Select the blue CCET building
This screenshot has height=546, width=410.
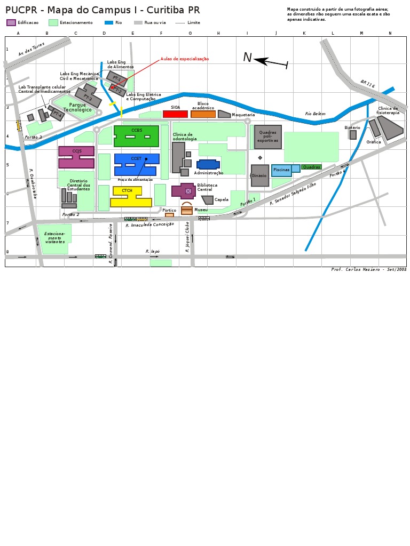(137, 160)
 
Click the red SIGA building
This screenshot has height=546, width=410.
(175, 114)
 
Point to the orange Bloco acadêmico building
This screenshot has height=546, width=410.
(203, 114)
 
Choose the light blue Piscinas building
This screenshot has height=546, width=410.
(281, 170)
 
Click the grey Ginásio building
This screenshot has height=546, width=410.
(260, 175)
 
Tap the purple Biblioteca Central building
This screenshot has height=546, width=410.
(184, 190)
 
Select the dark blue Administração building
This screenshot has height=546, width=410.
(208, 164)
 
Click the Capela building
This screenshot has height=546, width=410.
(208, 200)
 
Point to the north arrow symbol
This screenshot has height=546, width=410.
(270, 62)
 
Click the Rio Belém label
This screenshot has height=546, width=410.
(315, 114)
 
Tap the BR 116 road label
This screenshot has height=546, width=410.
(367, 84)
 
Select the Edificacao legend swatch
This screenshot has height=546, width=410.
(11, 22)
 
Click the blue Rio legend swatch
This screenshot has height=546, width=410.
(109, 22)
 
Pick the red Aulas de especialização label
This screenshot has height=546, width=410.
(185, 59)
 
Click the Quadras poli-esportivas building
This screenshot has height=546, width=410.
(267, 137)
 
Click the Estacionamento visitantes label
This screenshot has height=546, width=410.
(54, 238)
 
